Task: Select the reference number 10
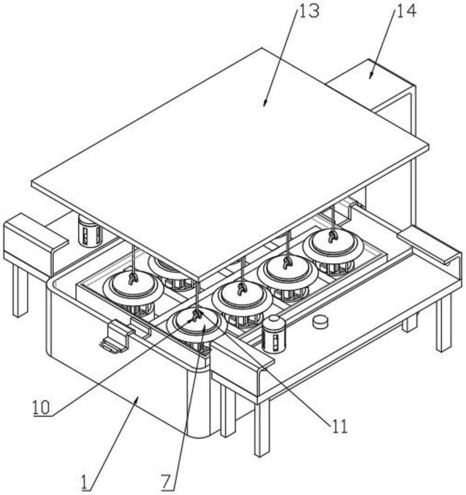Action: (x=41, y=407)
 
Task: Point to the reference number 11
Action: (x=339, y=426)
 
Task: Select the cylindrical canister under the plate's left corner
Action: (x=90, y=232)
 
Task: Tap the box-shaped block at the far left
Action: (x=35, y=240)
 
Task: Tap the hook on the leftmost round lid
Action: (x=133, y=279)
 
